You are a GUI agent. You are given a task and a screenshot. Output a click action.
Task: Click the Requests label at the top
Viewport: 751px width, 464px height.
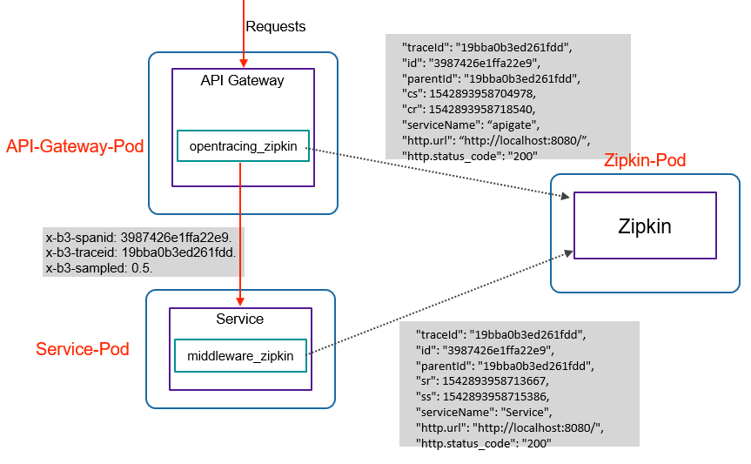(275, 26)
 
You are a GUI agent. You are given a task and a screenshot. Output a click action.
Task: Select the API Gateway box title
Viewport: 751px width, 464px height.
(242, 81)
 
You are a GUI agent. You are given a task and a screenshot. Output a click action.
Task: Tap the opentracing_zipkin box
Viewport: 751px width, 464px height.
(244, 145)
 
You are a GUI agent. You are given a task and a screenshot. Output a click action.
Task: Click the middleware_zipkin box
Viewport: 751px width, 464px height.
(240, 356)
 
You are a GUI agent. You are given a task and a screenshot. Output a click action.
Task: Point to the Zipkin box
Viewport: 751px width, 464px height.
(645, 225)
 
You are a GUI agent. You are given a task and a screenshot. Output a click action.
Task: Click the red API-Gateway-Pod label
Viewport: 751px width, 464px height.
(75, 146)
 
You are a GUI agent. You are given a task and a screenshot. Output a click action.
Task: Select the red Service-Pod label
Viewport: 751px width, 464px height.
(83, 349)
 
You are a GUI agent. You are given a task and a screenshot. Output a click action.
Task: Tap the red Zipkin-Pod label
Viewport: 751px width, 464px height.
(645, 160)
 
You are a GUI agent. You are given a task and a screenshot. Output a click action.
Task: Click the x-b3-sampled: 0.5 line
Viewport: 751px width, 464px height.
(99, 268)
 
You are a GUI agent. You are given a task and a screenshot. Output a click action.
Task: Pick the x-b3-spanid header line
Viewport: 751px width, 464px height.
(139, 238)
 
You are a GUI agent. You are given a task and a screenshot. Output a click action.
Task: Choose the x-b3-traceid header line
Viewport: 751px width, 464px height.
(141, 252)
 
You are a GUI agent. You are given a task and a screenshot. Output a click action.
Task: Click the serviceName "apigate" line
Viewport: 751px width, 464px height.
(471, 125)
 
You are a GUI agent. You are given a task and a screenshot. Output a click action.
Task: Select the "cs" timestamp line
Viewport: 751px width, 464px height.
(469, 93)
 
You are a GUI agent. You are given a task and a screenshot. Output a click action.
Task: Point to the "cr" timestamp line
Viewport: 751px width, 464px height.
(468, 110)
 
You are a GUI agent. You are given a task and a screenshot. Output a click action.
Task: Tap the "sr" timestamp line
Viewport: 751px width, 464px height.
(482, 381)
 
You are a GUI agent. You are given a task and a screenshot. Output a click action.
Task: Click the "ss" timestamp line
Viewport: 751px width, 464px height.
(482, 397)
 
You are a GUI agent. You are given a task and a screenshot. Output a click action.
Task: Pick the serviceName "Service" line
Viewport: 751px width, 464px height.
(484, 413)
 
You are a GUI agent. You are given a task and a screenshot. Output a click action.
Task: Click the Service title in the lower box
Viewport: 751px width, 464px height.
(240, 319)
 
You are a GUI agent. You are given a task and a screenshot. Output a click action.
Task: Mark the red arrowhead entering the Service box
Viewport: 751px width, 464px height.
(240, 301)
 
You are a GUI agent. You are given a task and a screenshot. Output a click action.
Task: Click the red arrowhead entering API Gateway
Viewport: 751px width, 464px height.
(244, 63)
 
